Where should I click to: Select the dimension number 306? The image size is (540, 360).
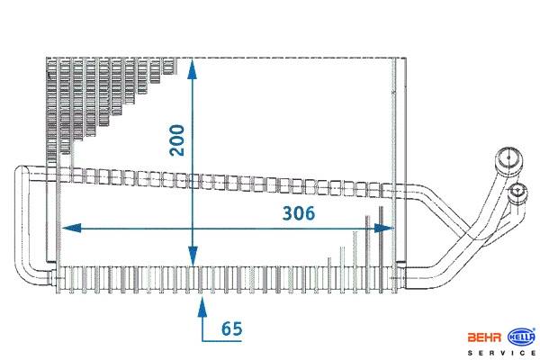pyautogui.click(x=297, y=213)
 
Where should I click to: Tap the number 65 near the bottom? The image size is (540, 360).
pyautogui.click(x=231, y=328)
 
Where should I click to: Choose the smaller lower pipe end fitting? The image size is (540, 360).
pyautogui.click(x=520, y=192)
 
